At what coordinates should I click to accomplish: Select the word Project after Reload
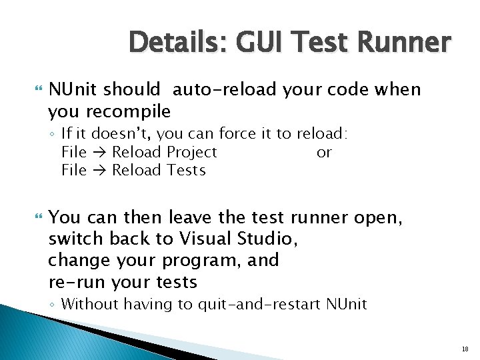click(x=192, y=152)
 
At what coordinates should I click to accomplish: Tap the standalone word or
click(x=324, y=152)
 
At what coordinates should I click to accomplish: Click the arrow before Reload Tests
click(x=99, y=170)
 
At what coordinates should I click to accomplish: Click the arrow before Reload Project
click(x=99, y=152)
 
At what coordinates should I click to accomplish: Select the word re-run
click(x=77, y=282)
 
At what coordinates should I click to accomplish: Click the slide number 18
click(x=465, y=348)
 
